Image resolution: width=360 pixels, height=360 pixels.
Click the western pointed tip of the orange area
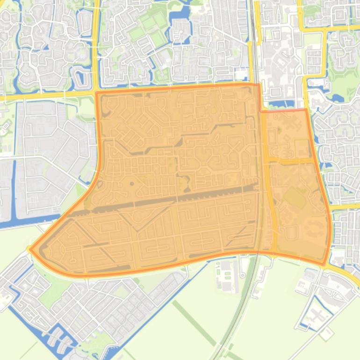(x=31, y=249)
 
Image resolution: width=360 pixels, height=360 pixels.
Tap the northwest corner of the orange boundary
(x=97, y=93)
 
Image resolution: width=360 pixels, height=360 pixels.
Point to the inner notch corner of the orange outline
(x=260, y=111)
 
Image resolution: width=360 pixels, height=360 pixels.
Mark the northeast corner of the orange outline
(x=306, y=110)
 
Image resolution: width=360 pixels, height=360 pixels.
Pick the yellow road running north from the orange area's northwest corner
(x=96, y=47)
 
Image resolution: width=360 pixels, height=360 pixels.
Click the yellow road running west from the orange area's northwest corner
(x=47, y=95)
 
